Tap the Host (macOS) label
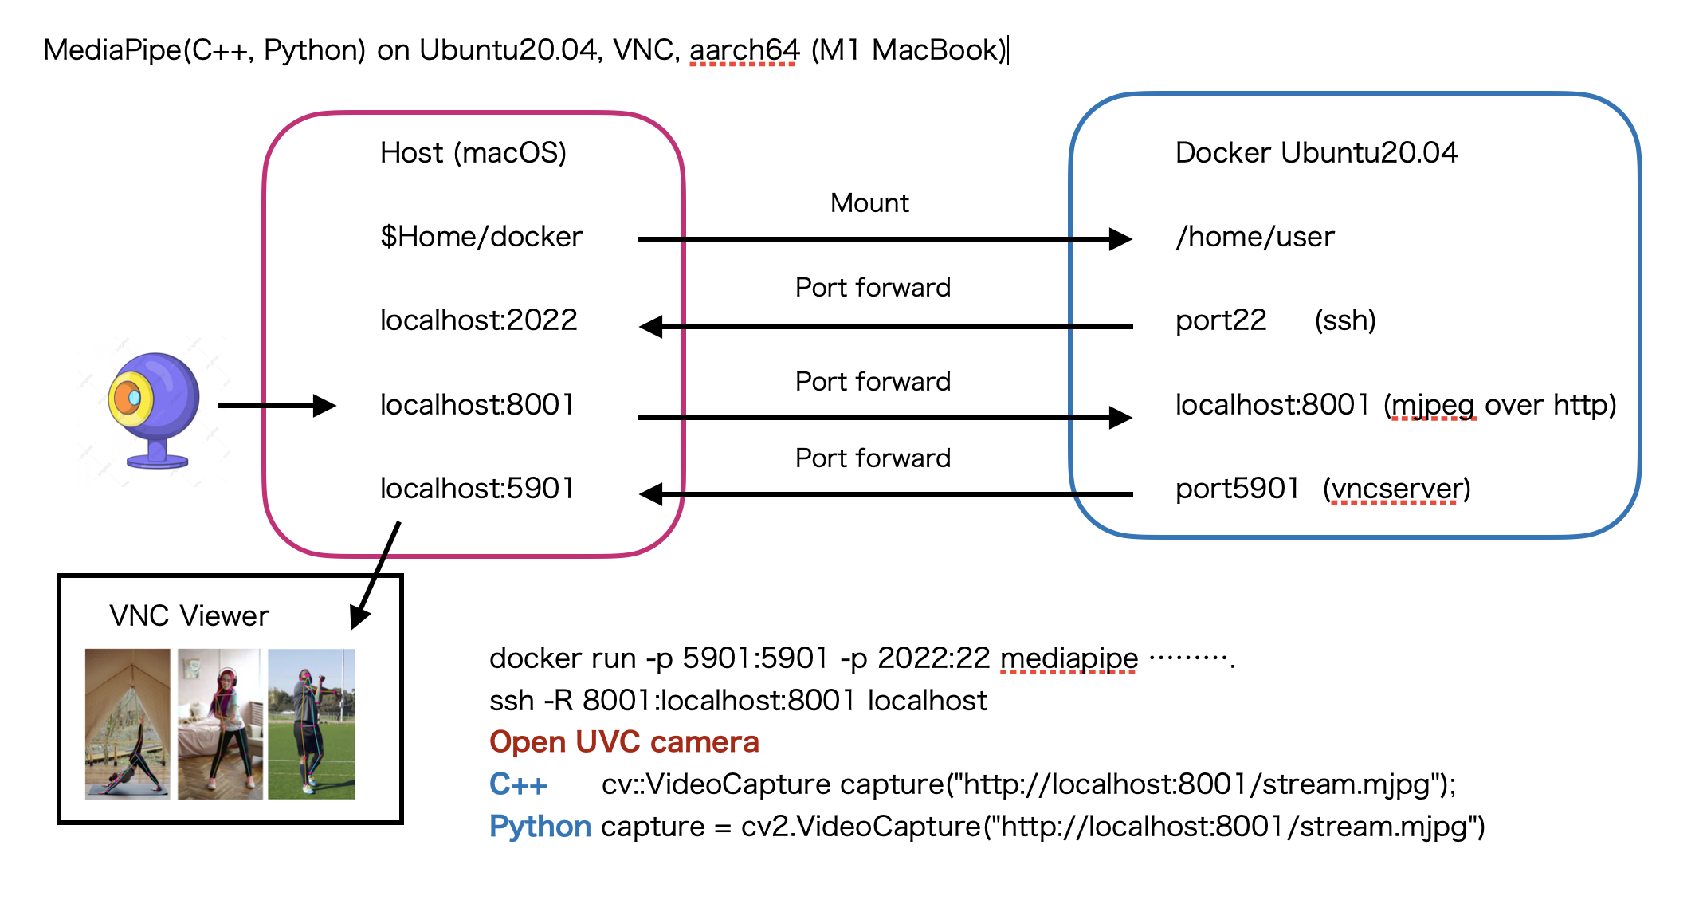point(473,152)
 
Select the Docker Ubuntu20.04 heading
point(1316,152)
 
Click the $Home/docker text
point(481,237)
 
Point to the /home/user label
point(1255,237)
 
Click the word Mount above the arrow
point(869,203)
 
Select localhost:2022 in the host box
point(478,320)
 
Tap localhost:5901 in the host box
point(477,489)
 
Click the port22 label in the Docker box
point(1221,321)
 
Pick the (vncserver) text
point(1397,489)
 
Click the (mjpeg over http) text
point(1500,405)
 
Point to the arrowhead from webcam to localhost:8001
point(325,406)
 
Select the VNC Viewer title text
point(189,616)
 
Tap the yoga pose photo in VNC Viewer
point(128,724)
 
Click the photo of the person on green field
point(311,724)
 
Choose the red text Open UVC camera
point(624,742)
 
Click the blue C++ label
point(518,784)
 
